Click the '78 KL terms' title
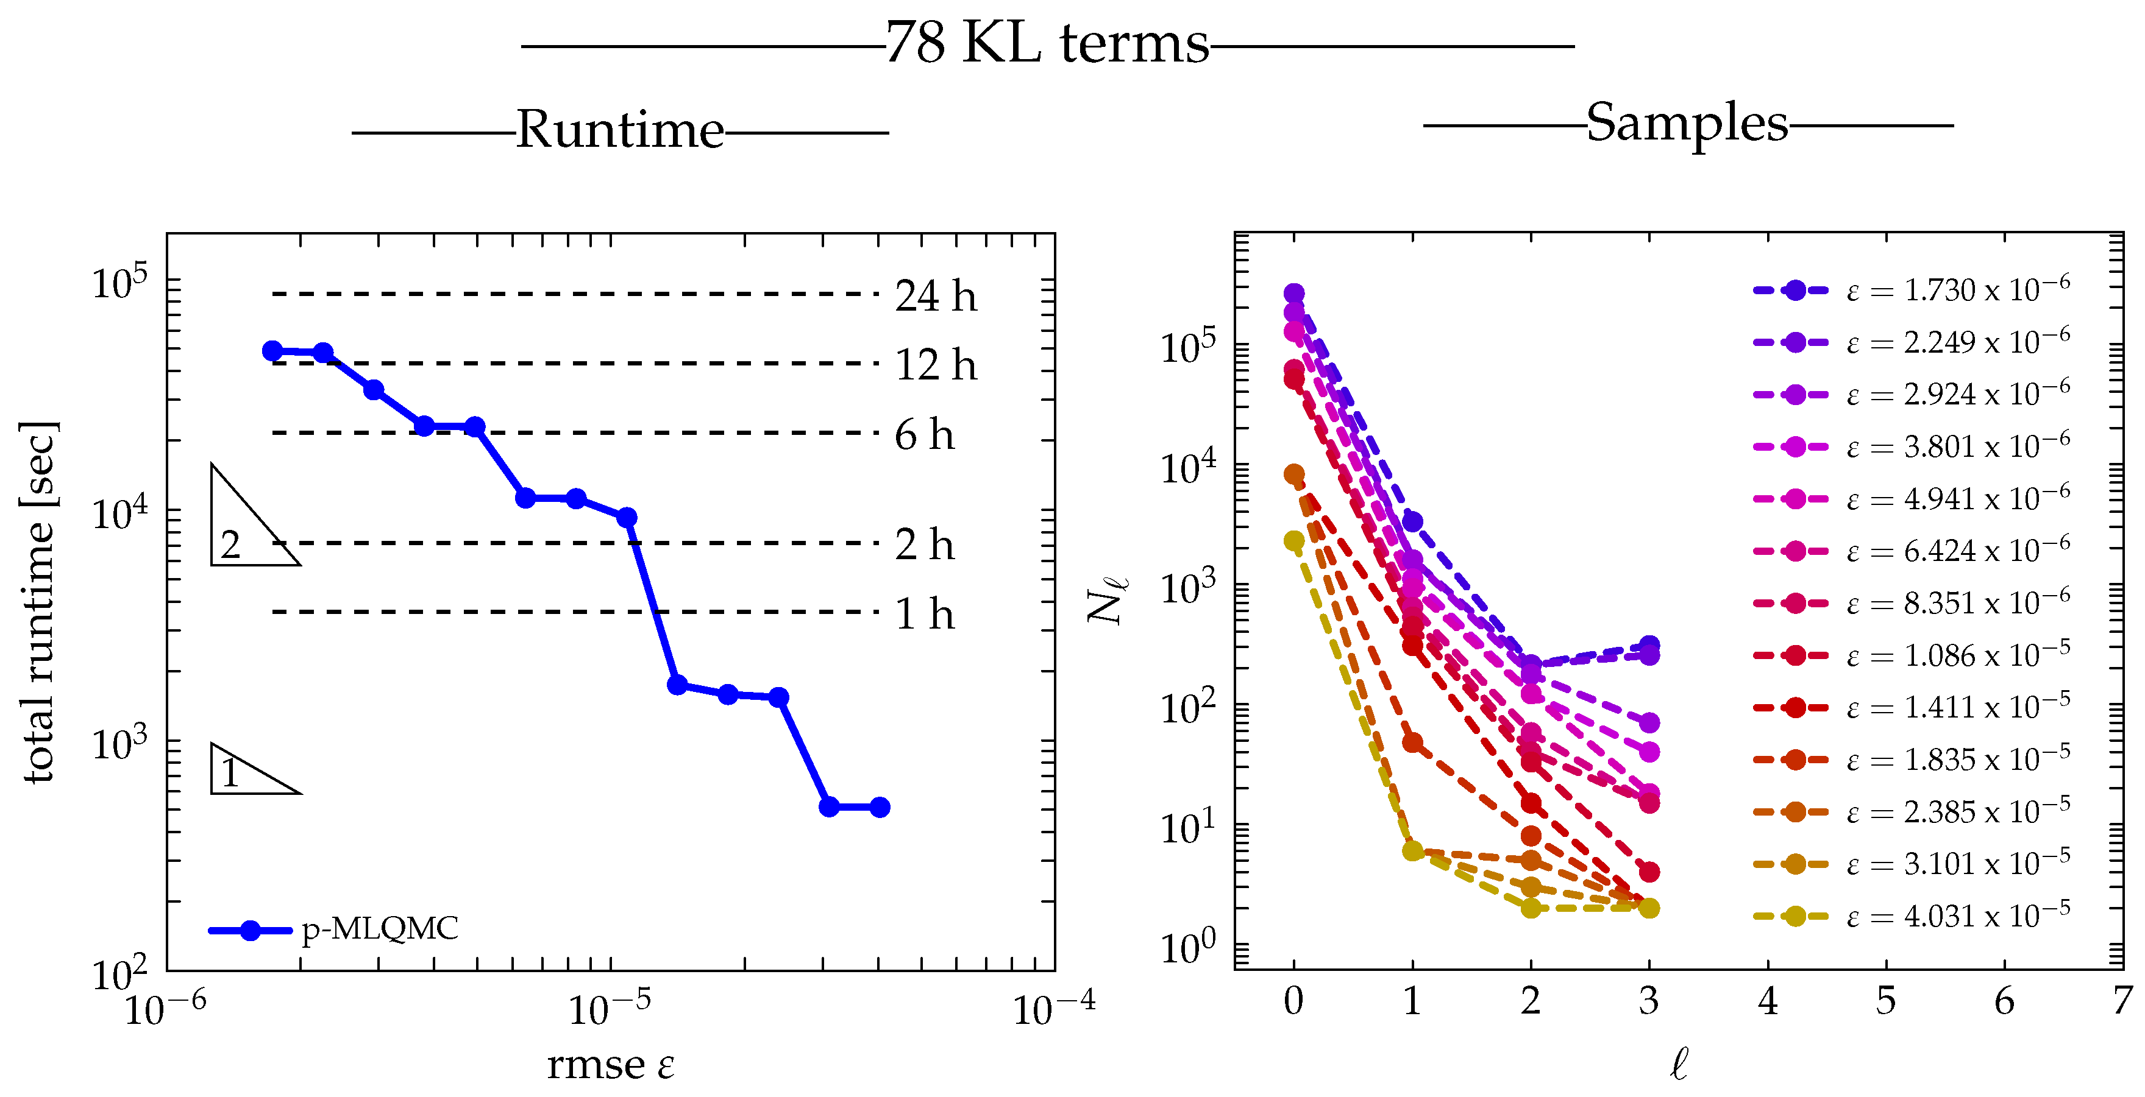pyautogui.click(x=1047, y=43)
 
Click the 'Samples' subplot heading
pyautogui.click(x=1687, y=124)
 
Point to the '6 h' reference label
pyautogui.click(x=923, y=436)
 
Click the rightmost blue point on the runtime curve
pyautogui.click(x=880, y=806)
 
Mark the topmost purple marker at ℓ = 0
pyautogui.click(x=1294, y=294)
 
